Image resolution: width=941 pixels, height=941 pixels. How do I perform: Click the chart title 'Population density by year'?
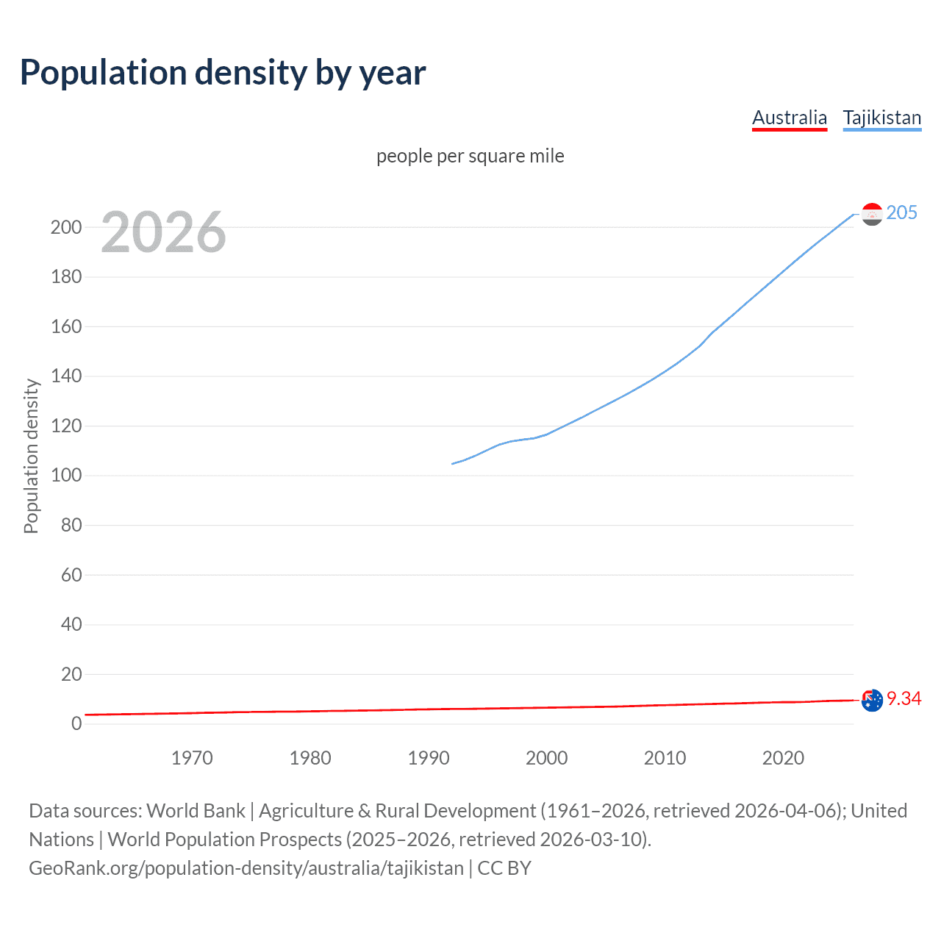pyautogui.click(x=223, y=73)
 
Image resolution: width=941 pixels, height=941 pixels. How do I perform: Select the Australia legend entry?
pyautogui.click(x=790, y=118)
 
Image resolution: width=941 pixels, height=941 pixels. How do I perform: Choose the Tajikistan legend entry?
pyautogui.click(x=881, y=118)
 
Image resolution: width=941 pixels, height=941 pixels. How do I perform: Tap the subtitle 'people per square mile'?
pyautogui.click(x=470, y=156)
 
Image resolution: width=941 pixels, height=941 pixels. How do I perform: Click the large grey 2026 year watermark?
pyautogui.click(x=163, y=232)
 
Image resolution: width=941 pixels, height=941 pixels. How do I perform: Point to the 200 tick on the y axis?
pyautogui.click(x=65, y=227)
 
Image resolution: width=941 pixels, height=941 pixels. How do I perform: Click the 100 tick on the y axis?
pyautogui.click(x=65, y=476)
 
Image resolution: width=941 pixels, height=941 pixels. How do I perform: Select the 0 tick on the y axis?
pyautogui.click(x=76, y=724)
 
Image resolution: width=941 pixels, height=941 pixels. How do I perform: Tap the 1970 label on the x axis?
pyautogui.click(x=192, y=758)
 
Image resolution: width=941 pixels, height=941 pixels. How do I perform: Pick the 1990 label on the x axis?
pyautogui.click(x=429, y=758)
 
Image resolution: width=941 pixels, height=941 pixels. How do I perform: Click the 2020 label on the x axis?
pyautogui.click(x=783, y=758)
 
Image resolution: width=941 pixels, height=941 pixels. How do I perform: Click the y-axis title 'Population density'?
pyautogui.click(x=31, y=456)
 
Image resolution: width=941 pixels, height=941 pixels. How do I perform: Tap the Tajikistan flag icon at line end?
pyautogui.click(x=872, y=214)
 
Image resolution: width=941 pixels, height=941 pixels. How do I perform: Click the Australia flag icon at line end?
pyautogui.click(x=872, y=700)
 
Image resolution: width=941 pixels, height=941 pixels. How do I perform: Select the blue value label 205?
pyautogui.click(x=901, y=213)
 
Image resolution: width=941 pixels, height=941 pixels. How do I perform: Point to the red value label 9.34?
pyautogui.click(x=904, y=699)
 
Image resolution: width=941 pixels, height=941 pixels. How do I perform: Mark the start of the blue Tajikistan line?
pyautogui.click(x=452, y=463)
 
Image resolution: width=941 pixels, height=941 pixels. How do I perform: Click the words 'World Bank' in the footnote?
pyautogui.click(x=196, y=811)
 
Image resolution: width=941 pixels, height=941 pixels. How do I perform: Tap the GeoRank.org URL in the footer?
pyautogui.click(x=246, y=868)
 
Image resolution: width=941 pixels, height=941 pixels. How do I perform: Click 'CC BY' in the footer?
pyautogui.click(x=504, y=868)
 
